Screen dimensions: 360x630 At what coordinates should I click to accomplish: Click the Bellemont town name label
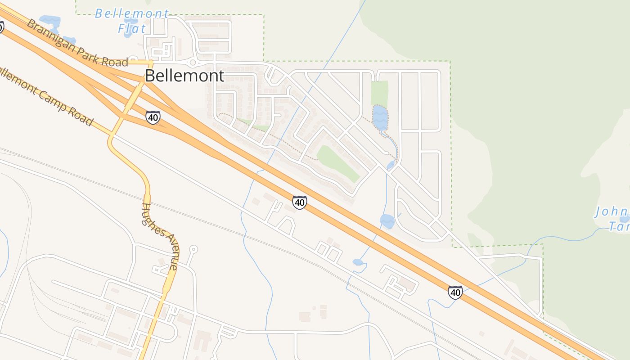(x=184, y=76)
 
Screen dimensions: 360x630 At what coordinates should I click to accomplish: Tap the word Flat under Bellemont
(x=132, y=29)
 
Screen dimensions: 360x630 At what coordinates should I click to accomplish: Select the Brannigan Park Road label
(x=77, y=43)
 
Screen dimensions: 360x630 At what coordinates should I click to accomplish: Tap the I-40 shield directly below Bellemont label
(x=153, y=118)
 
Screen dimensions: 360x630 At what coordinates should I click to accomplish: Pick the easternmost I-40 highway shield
(x=455, y=292)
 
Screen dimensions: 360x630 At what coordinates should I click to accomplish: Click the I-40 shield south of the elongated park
(x=300, y=202)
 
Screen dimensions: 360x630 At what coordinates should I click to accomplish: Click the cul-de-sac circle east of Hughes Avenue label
(x=193, y=248)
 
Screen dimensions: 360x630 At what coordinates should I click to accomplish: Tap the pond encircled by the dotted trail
(x=380, y=117)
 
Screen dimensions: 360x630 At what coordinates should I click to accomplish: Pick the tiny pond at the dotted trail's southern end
(x=391, y=165)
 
